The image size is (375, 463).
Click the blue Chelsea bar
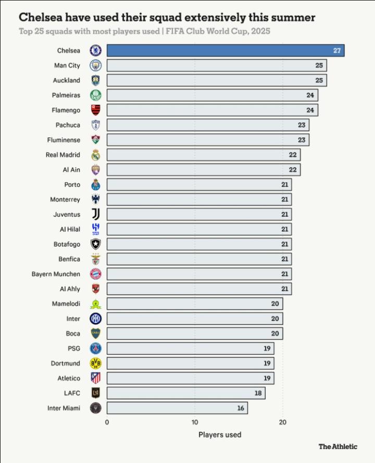tap(225, 51)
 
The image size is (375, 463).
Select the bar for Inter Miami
tap(177, 408)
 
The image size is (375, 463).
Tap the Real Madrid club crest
tap(95, 155)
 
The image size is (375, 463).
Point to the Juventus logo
tap(95, 214)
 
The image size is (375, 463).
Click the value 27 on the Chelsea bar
tap(337, 51)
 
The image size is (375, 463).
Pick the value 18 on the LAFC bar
tap(258, 393)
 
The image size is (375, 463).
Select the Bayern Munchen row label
tap(56, 274)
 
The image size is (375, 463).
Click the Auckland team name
tap(67, 80)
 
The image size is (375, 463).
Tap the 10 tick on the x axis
tap(195, 422)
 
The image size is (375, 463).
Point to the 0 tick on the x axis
tap(107, 422)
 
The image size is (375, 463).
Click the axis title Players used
tap(220, 434)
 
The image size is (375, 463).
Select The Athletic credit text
tap(338, 446)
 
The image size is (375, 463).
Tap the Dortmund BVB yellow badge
tap(95, 363)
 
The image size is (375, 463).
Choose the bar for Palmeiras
tap(212, 95)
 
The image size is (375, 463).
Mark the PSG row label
tap(74, 348)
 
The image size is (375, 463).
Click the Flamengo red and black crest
tap(95, 110)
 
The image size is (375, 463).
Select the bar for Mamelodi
tap(195, 304)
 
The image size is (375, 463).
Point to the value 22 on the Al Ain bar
tap(293, 170)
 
